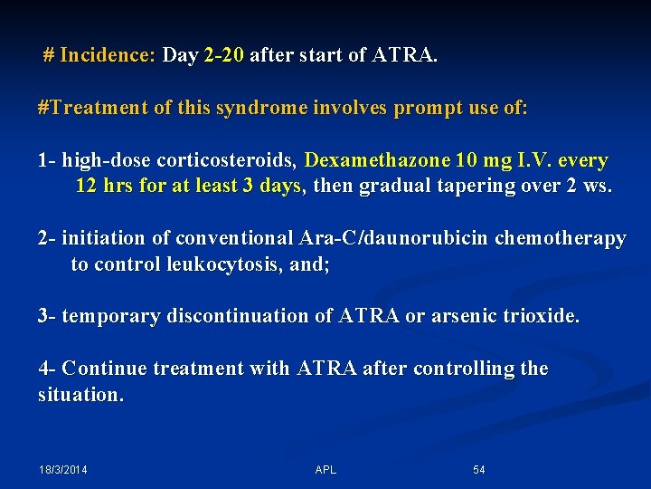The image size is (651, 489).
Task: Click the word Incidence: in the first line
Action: click(108, 55)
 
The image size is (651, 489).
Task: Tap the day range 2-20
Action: click(224, 55)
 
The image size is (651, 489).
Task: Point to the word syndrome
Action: click(262, 108)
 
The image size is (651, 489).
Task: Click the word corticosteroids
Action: click(227, 161)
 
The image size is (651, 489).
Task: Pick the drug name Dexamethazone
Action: click(378, 161)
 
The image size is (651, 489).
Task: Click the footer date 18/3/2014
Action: click(63, 470)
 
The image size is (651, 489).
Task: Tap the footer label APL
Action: click(325, 470)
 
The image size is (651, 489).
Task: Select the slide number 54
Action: click(479, 470)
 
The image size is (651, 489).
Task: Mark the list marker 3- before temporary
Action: click(47, 316)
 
